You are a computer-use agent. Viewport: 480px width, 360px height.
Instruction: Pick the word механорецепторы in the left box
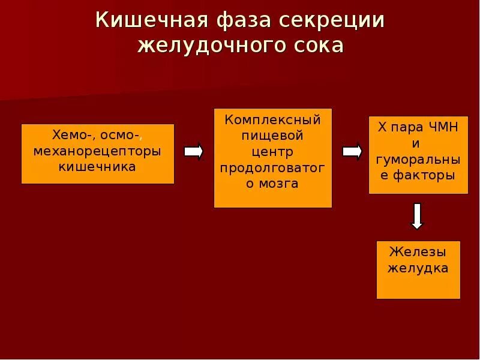[97, 151]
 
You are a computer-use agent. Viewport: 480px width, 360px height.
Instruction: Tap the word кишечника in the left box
[97, 166]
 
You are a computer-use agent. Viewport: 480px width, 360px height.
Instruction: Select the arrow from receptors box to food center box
[193, 151]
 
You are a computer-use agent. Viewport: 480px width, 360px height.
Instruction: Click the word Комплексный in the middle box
[273, 119]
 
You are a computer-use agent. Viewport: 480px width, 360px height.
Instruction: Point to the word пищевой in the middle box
[273, 136]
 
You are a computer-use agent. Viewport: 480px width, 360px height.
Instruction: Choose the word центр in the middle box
[273, 151]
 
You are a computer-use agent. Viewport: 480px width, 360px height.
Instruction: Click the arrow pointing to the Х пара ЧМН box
[352, 151]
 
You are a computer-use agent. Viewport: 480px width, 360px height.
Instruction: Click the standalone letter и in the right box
[418, 144]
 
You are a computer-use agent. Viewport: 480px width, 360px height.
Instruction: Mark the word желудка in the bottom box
[418, 268]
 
